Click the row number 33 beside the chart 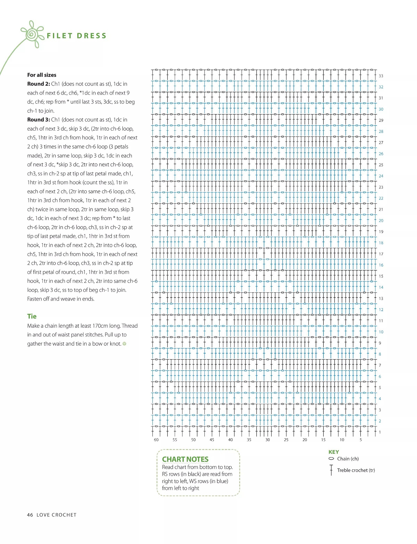click(x=381, y=76)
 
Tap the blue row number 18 click(x=381, y=243)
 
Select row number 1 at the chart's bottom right click(x=380, y=432)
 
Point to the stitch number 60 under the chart click(x=156, y=440)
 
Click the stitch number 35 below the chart click(x=249, y=440)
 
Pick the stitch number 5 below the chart click(x=360, y=440)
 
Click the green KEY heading click(x=334, y=452)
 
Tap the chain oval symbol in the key click(x=331, y=459)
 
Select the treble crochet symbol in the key click(x=331, y=470)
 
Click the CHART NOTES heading click(x=185, y=459)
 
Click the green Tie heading click(x=32, y=316)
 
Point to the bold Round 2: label click(x=39, y=84)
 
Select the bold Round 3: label click(x=39, y=120)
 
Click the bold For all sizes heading click(x=42, y=75)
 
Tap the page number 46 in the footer click(x=30, y=515)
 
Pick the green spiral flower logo click(x=32, y=34)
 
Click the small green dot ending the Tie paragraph click(x=125, y=344)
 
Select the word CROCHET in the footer click(x=64, y=515)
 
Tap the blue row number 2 click(x=380, y=421)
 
